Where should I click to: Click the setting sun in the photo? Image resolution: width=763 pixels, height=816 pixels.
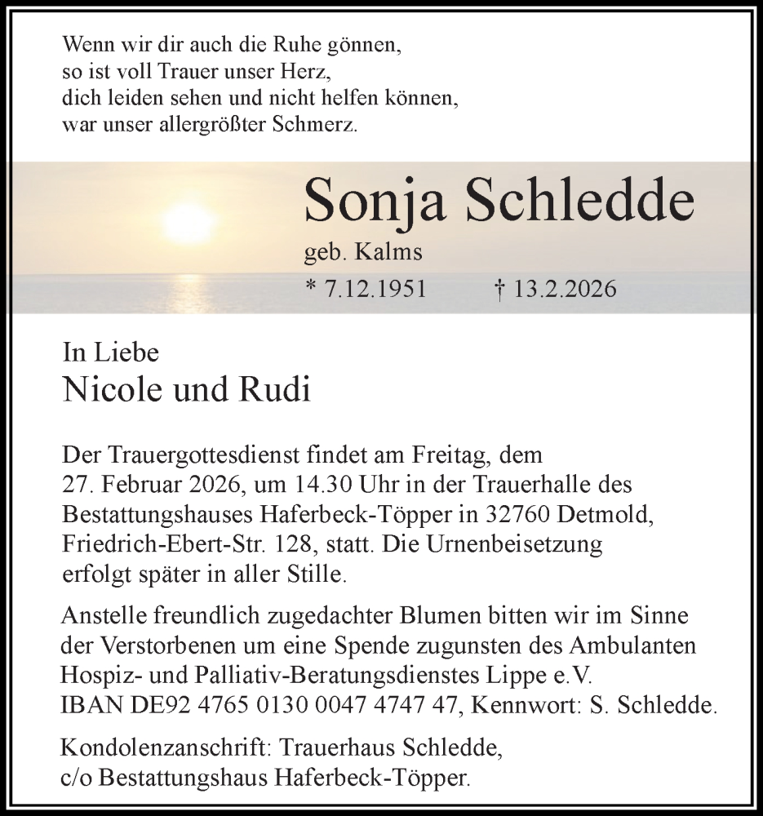click(189, 222)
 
